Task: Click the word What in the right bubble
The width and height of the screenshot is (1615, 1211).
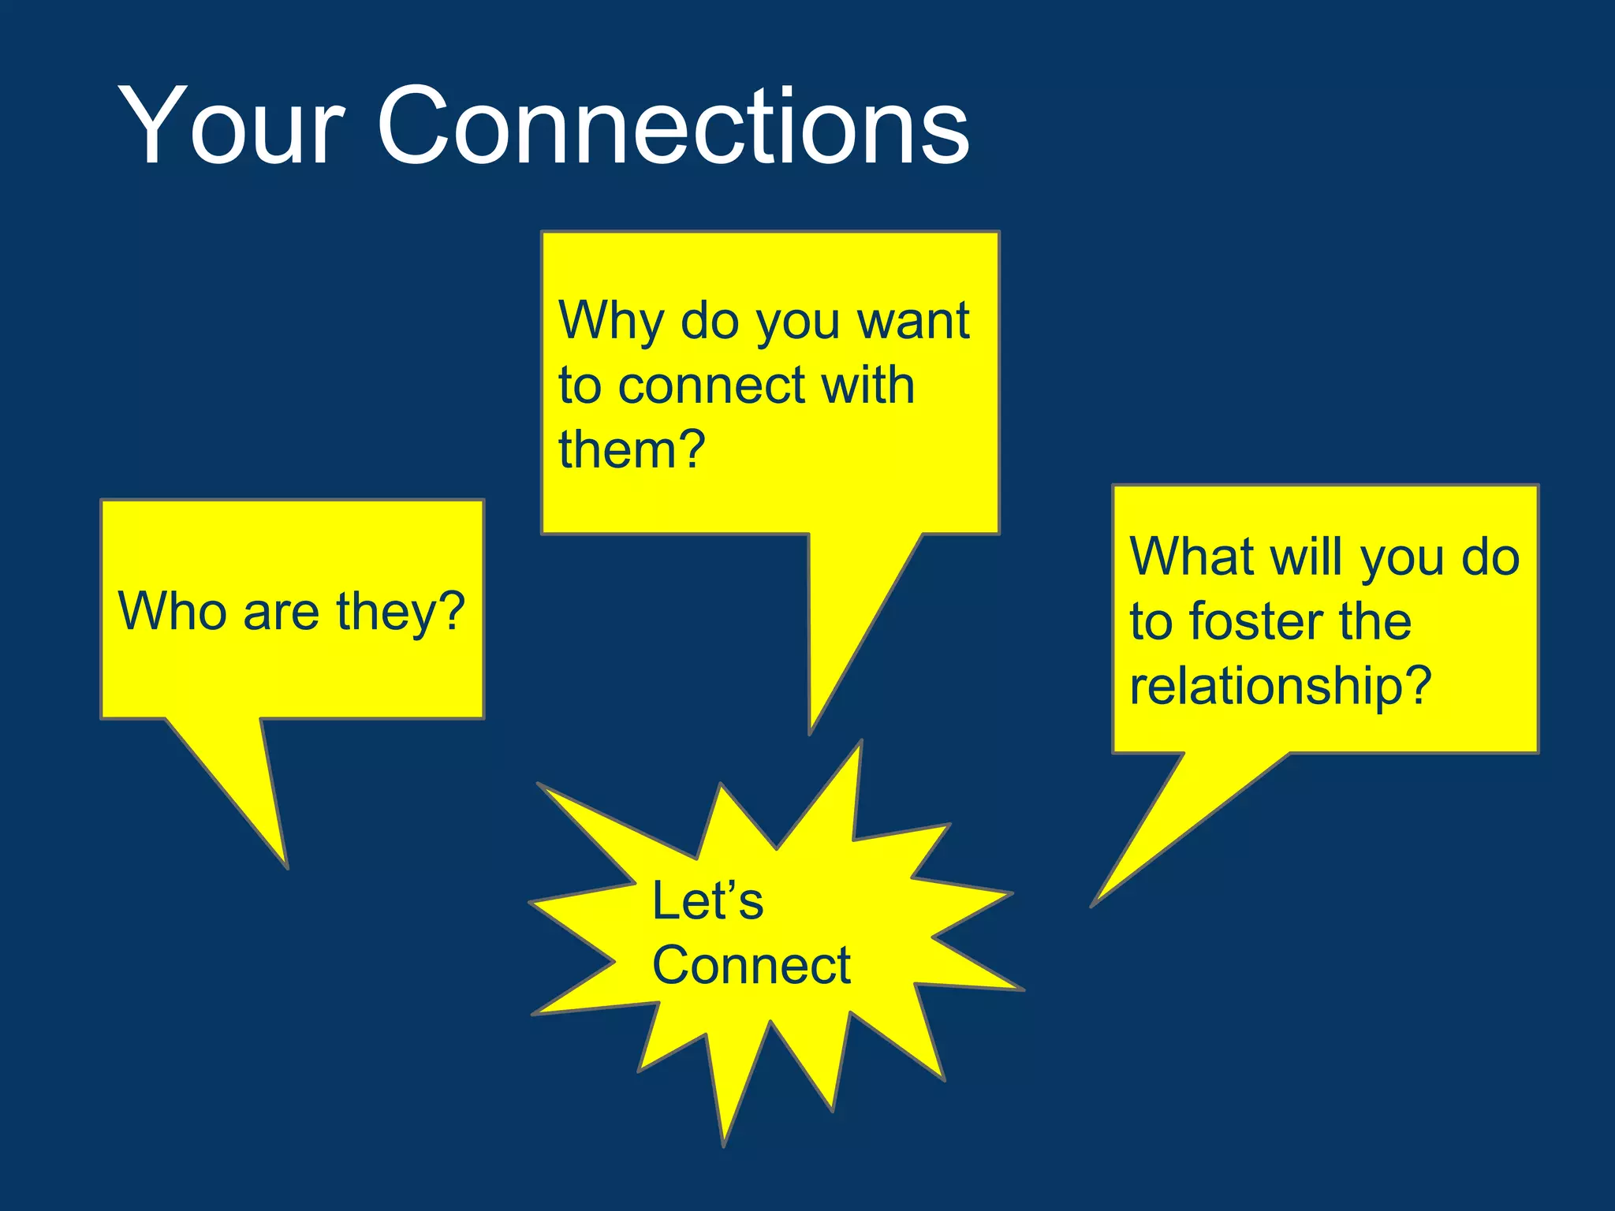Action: coord(1192,557)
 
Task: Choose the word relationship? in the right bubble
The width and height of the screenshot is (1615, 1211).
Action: coord(1280,686)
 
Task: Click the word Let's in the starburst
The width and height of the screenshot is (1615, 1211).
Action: coord(707,901)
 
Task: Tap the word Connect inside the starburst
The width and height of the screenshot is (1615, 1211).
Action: coord(751,966)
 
